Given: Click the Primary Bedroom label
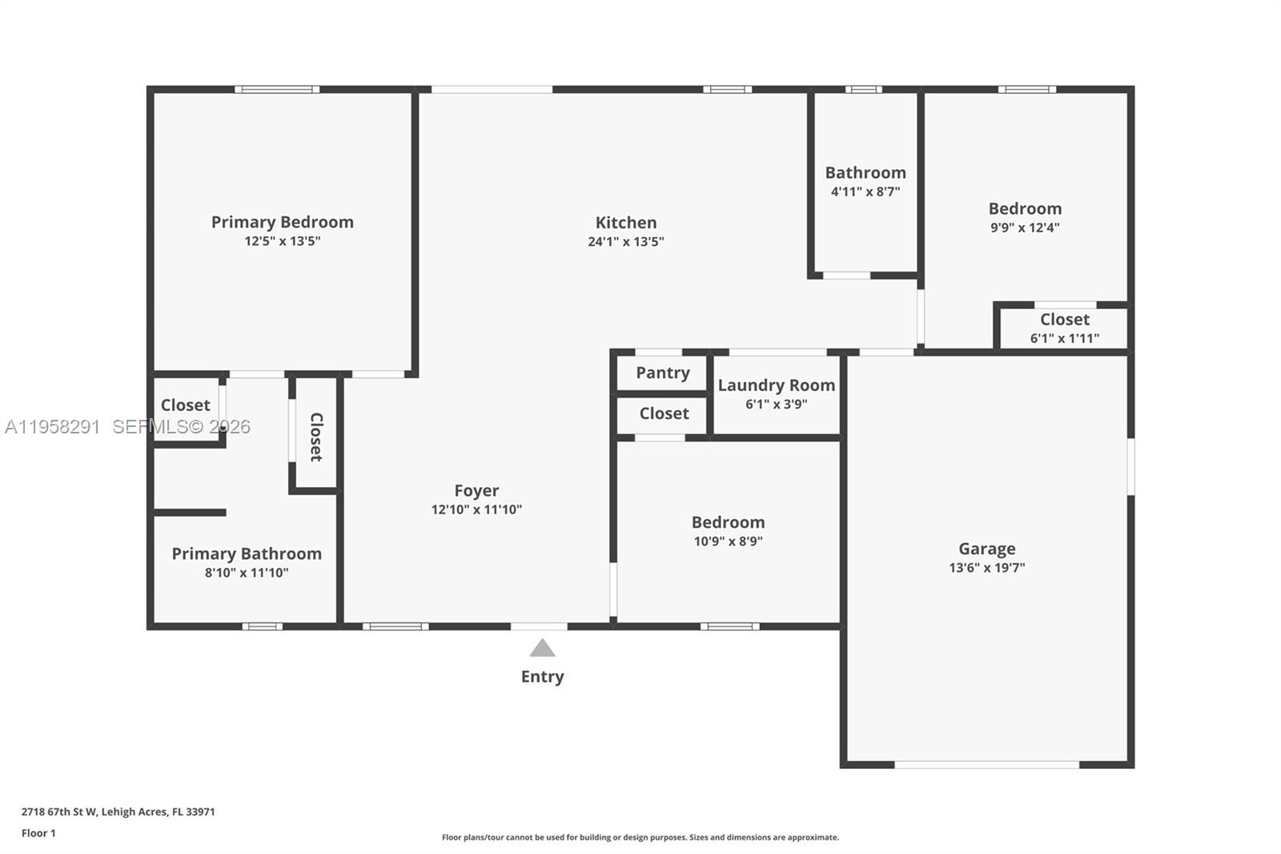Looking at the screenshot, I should point(282,222).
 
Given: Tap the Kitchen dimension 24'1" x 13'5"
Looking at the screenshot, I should point(625,242).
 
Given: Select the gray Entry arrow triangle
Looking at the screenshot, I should point(542,648).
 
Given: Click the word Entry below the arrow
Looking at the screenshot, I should point(542,676).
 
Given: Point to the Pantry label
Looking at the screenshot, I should point(662,373).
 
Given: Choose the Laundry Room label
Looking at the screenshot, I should point(776,385).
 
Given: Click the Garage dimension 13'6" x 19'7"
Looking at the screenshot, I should point(986,568).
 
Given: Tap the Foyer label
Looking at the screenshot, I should point(476,490).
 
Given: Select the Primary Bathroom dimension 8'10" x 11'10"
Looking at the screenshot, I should point(246,573).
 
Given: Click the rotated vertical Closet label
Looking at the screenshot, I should point(316,437).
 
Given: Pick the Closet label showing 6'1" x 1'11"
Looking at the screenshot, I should point(1064,320).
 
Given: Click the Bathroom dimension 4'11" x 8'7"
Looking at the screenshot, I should point(865,191).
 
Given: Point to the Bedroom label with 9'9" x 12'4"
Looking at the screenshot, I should point(1025,208).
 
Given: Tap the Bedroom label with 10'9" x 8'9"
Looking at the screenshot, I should point(728,522).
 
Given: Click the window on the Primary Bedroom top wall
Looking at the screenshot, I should point(277,89).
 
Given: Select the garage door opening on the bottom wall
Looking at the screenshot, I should point(986,765).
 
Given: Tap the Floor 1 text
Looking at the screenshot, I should point(38,833).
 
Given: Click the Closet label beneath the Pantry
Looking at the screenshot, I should point(664,413).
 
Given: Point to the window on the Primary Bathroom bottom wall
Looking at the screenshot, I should point(262,626).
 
